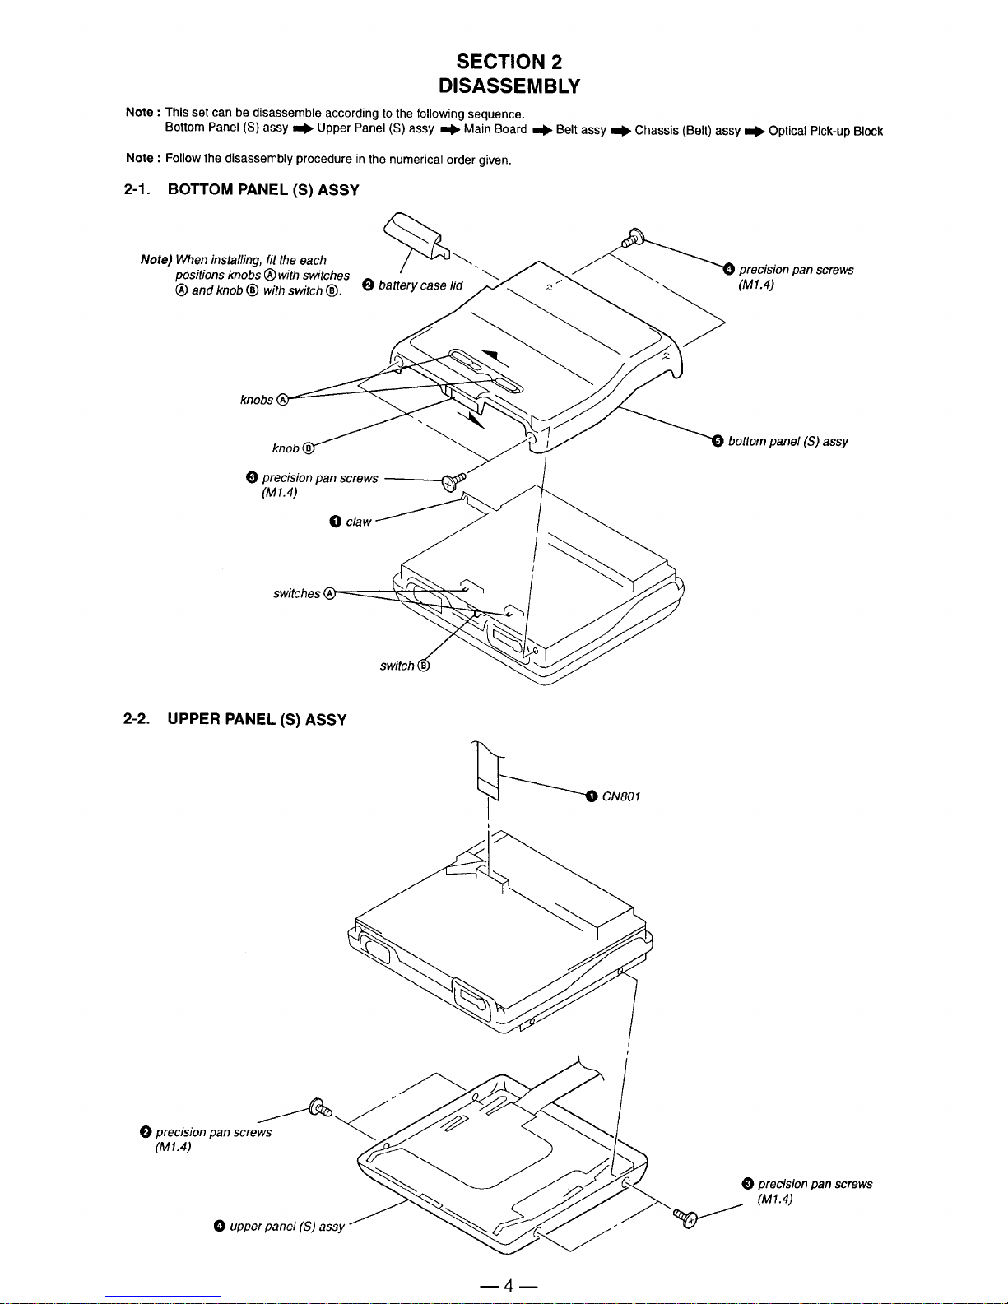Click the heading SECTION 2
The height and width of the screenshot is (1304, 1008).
509,62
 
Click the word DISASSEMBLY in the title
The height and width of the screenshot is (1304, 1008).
509,86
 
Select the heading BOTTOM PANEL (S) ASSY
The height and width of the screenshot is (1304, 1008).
263,190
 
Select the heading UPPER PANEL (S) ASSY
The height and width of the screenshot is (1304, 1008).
257,720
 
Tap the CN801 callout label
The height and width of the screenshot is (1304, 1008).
620,796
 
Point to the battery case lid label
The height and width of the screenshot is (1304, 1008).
420,285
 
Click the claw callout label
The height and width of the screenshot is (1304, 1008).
358,522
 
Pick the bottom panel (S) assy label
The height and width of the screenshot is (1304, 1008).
787,442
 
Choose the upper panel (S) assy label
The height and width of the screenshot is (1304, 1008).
286,1227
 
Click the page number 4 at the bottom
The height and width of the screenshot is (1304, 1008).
509,1286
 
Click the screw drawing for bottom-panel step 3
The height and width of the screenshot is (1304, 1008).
453,482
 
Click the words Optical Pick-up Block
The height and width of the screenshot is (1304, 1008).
825,131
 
